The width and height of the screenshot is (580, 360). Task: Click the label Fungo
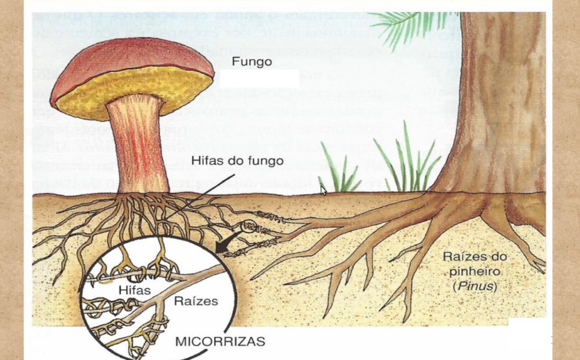point(252,62)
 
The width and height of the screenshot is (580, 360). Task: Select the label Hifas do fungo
point(237,161)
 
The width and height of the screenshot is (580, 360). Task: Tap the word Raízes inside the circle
point(195,301)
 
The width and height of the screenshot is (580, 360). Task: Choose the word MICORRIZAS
point(220,341)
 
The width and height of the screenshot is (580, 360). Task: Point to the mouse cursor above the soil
point(323,190)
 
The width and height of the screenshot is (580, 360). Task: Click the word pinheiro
point(475,271)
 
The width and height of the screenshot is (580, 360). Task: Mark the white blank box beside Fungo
point(259,78)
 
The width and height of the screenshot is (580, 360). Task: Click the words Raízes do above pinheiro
point(475,256)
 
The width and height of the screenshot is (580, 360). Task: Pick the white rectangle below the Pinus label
point(528,333)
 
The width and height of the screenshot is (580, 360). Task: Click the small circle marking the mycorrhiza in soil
point(248,227)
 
